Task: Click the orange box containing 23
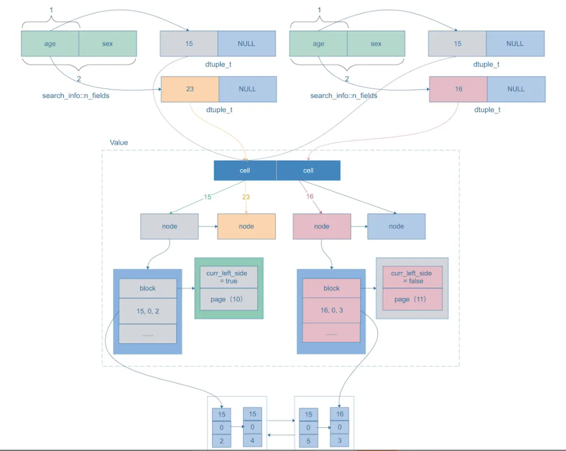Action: (x=190, y=89)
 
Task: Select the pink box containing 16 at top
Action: (x=458, y=89)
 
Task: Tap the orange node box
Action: (x=246, y=226)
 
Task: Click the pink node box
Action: (x=322, y=226)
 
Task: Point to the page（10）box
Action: (x=228, y=299)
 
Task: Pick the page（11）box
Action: (x=412, y=299)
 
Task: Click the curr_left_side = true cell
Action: (x=228, y=277)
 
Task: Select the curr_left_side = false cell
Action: (x=412, y=277)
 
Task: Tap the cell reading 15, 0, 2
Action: (x=147, y=311)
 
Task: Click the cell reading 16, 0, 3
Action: (x=332, y=311)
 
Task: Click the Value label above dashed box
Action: (x=119, y=142)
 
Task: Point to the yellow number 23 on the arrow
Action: (x=246, y=197)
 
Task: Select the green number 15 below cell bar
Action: (x=207, y=197)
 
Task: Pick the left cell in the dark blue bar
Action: (x=245, y=170)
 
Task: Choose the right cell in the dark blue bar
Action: (x=308, y=170)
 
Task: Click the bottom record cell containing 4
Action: (x=252, y=440)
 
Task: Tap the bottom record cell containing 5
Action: (x=309, y=441)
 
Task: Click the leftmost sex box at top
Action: (x=107, y=44)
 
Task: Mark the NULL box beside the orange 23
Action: (x=248, y=89)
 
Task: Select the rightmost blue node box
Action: (x=396, y=226)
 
